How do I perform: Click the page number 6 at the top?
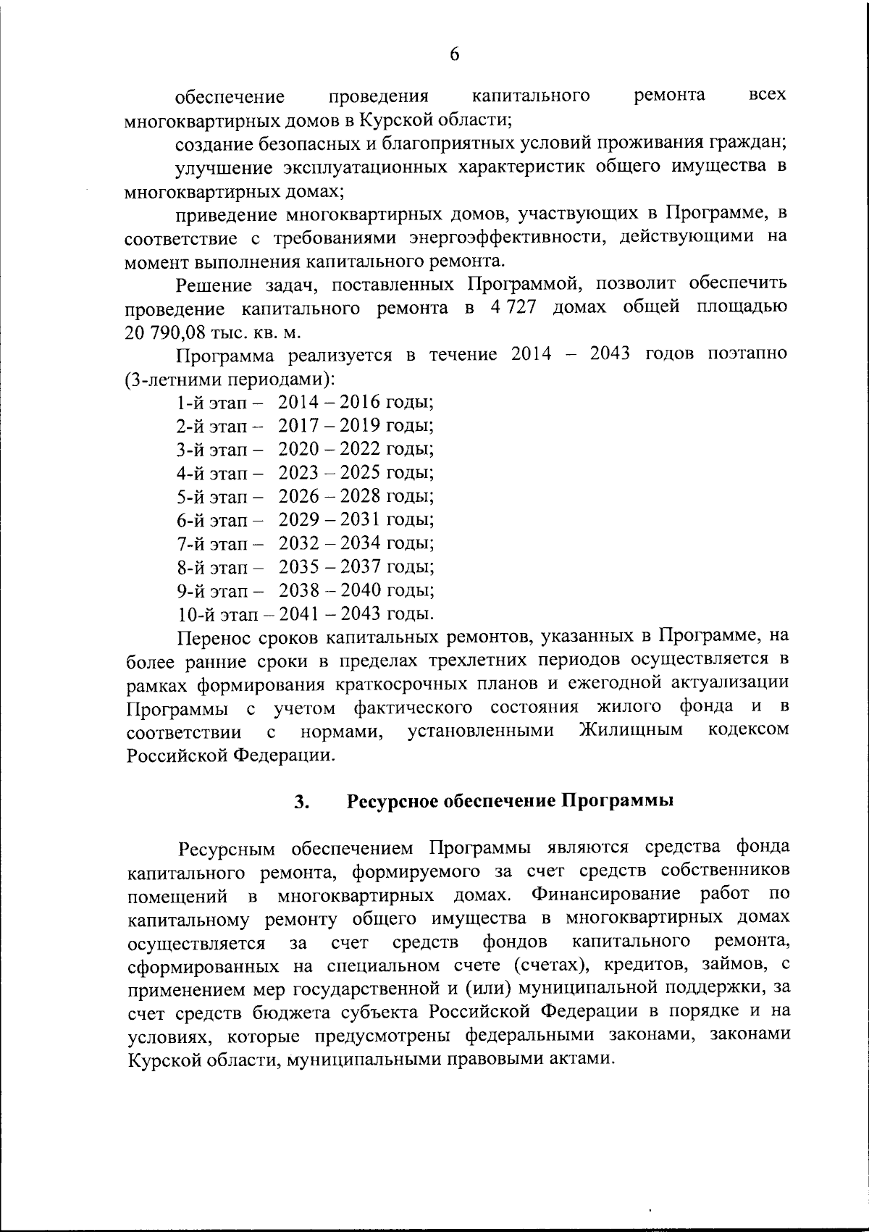click(x=455, y=54)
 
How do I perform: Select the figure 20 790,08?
click(x=164, y=331)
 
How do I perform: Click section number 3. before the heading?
click(x=302, y=802)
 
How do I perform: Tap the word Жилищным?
click(x=631, y=730)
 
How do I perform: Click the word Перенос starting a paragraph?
click(x=211, y=637)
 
